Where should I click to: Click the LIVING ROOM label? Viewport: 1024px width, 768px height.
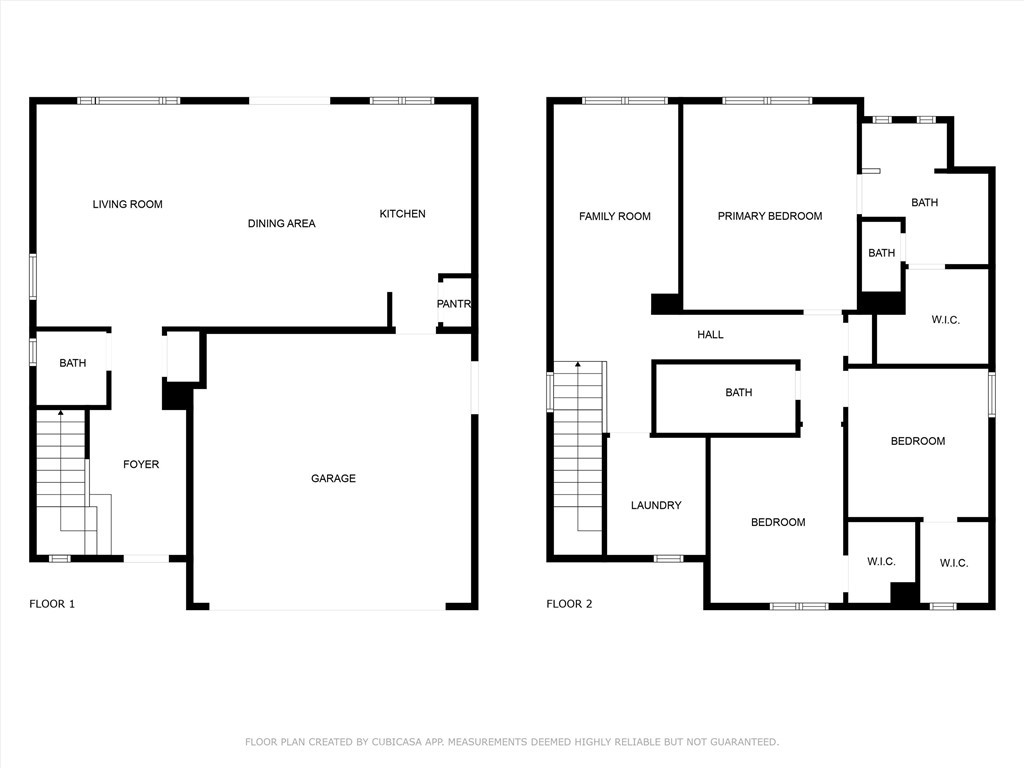127,204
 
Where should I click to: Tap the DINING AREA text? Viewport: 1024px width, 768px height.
281,224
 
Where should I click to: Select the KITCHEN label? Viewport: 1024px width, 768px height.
402,214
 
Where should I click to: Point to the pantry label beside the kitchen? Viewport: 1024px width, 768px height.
454,304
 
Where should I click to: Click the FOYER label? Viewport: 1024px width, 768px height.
141,464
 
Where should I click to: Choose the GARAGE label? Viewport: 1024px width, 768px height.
333,478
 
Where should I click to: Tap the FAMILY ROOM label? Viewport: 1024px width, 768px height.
614,216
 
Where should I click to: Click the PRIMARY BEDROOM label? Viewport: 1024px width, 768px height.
769,216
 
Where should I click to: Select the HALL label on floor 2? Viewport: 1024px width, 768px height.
710,335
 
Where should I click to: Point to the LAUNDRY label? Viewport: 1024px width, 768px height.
656,505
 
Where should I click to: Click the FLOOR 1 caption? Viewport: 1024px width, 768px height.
52,604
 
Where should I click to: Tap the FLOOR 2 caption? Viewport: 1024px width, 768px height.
569,604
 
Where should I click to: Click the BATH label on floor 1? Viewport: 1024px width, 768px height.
73,363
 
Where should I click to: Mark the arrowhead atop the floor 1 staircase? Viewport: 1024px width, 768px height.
61,412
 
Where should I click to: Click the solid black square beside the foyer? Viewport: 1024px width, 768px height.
176,397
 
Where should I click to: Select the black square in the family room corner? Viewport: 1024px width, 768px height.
665,304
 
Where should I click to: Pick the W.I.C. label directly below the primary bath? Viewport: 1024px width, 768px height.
945,320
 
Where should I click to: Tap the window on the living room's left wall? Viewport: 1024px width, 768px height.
33,276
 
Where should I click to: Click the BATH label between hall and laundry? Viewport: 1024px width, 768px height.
739,393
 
